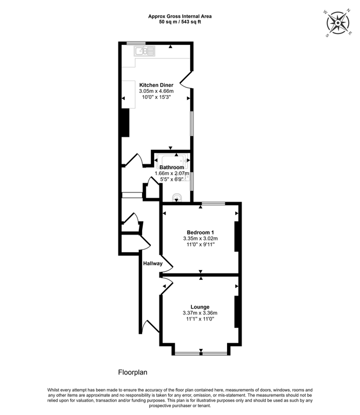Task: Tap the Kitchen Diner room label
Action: [x=156, y=85]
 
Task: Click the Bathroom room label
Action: [x=171, y=167]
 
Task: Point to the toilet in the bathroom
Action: [x=176, y=197]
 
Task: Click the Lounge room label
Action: [x=199, y=306]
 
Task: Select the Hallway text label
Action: [x=153, y=263]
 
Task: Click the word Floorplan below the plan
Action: [x=132, y=372]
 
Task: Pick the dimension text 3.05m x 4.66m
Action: [x=156, y=91]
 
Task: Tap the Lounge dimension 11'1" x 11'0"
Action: [x=199, y=319]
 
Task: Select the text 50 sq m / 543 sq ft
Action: [x=180, y=23]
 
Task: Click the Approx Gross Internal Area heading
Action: [x=180, y=16]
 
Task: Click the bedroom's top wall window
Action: [x=214, y=203]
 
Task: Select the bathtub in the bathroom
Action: [x=171, y=158]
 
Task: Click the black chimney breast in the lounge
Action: [x=237, y=311]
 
